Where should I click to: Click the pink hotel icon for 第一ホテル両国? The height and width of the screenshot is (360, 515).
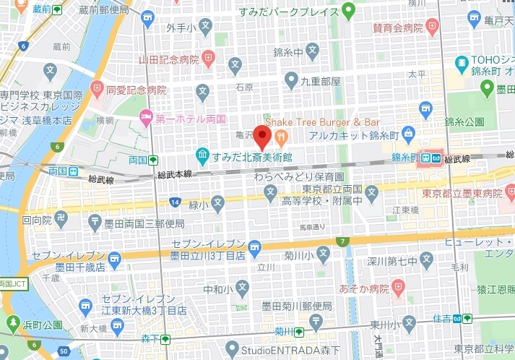[146, 116]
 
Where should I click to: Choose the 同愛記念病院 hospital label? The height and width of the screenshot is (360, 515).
[137, 90]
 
